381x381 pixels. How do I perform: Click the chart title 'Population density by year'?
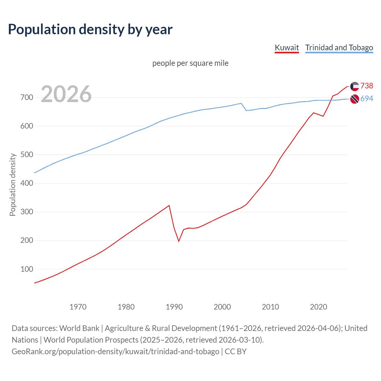90,29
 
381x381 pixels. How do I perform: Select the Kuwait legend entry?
287,48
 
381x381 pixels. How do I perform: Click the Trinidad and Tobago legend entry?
339,48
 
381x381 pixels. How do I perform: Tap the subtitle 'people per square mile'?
190,63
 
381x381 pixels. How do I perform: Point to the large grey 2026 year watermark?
66,94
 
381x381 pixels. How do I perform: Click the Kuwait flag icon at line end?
355,86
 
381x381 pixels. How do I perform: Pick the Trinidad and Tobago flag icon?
355,99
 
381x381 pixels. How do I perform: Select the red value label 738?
367,86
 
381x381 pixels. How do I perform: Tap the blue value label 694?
367,99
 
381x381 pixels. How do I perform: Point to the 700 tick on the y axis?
26,98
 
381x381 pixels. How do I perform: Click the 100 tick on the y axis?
26,269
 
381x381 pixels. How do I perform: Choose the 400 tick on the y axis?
26,183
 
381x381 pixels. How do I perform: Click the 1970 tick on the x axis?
78,307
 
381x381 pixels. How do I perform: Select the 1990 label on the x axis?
174,307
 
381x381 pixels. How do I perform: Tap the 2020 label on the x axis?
318,307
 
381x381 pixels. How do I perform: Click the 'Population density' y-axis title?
13,185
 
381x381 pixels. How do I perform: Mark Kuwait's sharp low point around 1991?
179,241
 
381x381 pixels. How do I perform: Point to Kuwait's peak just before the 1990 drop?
169,205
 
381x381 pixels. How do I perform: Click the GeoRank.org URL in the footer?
115,352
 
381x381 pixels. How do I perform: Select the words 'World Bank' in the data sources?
79,328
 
